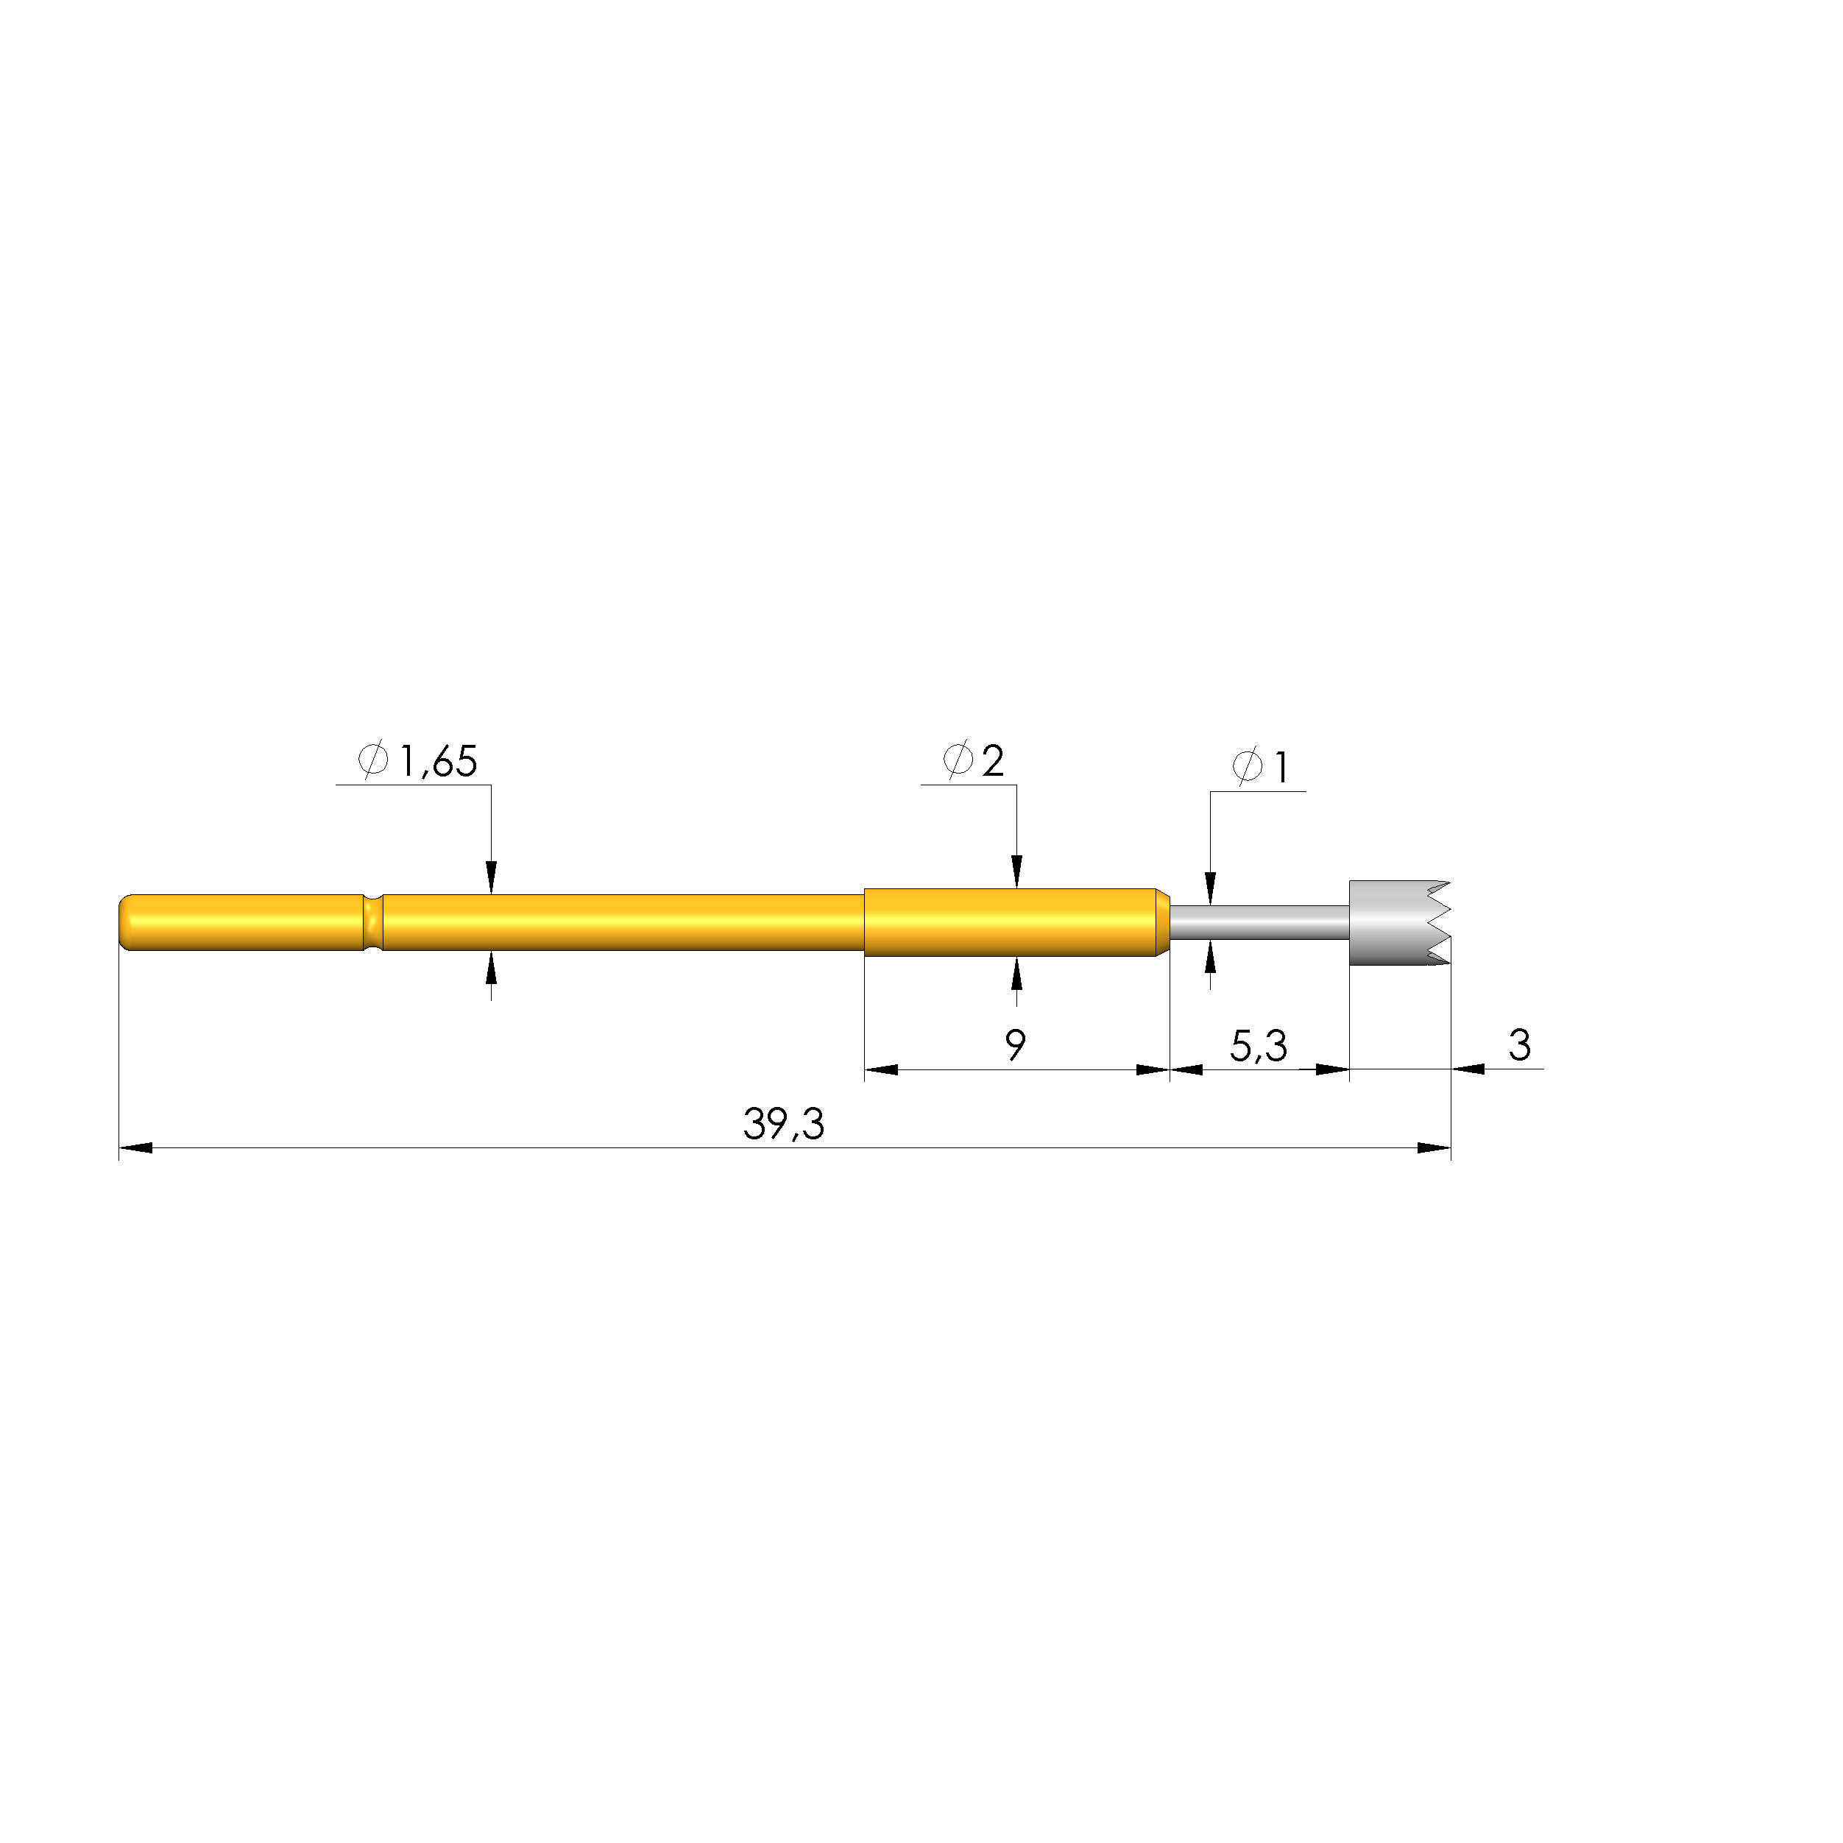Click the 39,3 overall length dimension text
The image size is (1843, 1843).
pos(783,1125)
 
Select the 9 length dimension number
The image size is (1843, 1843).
pos(1016,1045)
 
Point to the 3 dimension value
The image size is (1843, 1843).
pos(1520,1045)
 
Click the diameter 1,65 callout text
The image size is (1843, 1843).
pos(417,761)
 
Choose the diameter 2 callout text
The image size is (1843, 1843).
pos(973,760)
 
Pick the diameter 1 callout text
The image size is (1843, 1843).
pos(1260,767)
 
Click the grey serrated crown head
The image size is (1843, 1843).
pos(1398,922)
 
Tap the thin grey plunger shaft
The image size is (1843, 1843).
pos(1259,922)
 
